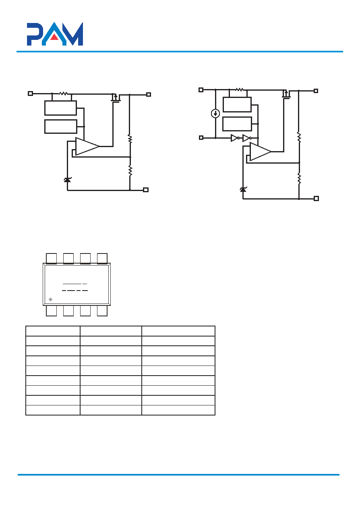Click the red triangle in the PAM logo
(54, 37)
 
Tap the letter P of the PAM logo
(35, 34)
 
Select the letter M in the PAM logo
(74, 34)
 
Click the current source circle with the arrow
(215, 113)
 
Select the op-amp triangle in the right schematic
(260, 152)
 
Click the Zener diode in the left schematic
(67, 180)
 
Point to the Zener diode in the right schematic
(243, 189)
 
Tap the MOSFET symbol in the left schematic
(116, 98)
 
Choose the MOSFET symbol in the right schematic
(286, 94)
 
